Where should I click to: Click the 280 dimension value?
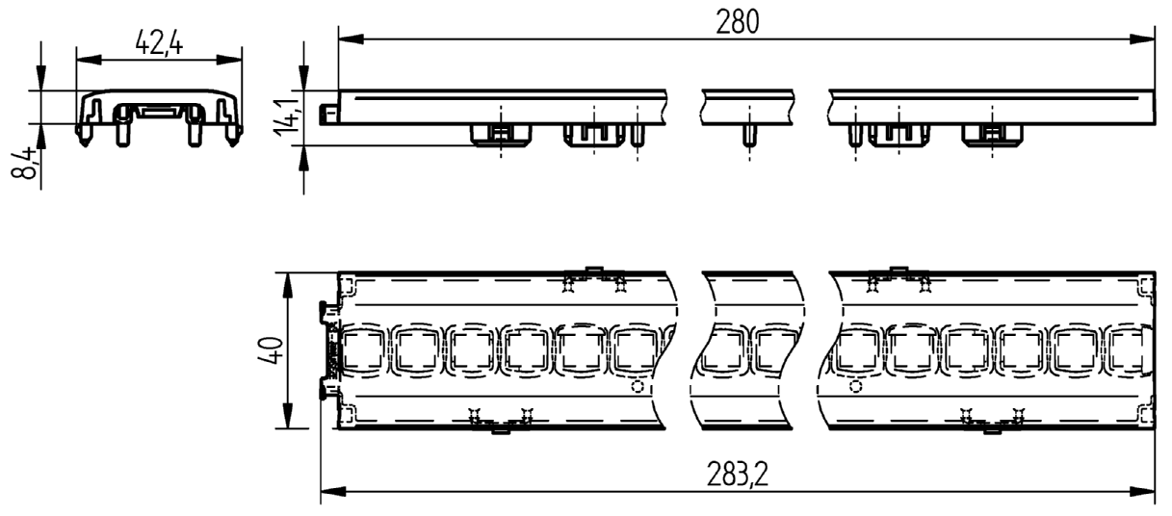point(737,22)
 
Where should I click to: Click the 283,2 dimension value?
point(738,475)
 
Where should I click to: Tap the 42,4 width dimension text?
point(159,42)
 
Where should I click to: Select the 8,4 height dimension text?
point(24,163)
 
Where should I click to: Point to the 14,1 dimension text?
point(286,117)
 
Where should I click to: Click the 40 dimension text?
point(271,350)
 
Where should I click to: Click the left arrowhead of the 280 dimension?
point(352,39)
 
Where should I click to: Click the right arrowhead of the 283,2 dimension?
point(1142,492)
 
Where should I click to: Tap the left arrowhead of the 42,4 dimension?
point(89,61)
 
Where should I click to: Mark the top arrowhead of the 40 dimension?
point(288,286)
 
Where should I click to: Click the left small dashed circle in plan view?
point(638,387)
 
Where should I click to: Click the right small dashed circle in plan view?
point(855,387)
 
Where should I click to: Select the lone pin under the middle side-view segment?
point(748,136)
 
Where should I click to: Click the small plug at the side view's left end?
point(329,115)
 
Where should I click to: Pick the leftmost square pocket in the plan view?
point(363,350)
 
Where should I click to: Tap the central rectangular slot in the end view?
point(159,113)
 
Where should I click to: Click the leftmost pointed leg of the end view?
point(85,135)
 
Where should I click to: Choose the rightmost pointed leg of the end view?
point(233,135)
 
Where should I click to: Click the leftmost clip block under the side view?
point(501,136)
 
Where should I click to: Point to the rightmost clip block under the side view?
point(992,136)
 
